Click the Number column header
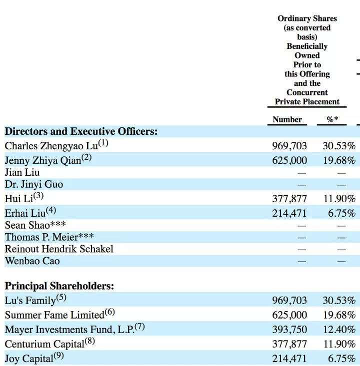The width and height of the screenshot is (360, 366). tap(287, 119)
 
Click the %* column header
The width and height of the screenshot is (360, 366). tap(332, 119)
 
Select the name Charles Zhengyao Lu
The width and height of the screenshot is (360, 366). tap(51, 146)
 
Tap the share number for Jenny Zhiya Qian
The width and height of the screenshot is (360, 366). tap(289, 160)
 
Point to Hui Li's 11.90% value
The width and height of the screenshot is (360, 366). tap(339, 199)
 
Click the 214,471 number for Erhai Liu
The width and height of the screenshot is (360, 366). tap(289, 213)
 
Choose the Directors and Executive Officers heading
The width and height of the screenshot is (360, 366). tap(81, 131)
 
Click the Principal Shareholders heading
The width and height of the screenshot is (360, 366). tap(59, 286)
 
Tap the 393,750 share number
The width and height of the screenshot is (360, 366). tap(289, 330)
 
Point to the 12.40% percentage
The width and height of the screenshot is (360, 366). tap(339, 330)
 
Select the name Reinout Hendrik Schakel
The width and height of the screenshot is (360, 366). tap(59, 249)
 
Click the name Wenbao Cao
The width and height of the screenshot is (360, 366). tap(32, 261)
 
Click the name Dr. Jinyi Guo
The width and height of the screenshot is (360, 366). tap(33, 184)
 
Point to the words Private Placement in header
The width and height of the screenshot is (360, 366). tap(307, 102)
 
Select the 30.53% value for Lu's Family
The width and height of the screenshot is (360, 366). tap(339, 301)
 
